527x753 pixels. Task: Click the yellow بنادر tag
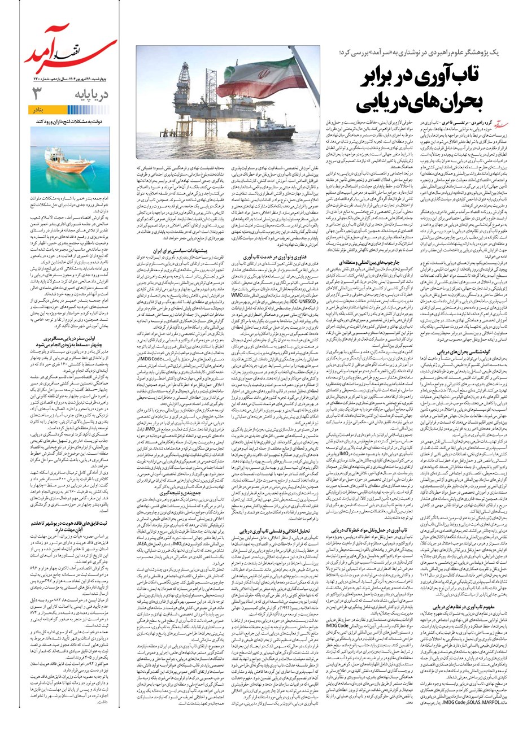pyautogui.click(x=96, y=110)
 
